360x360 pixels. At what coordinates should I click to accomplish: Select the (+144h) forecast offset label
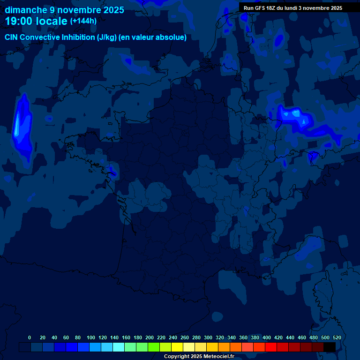pyautogui.click(x=83, y=21)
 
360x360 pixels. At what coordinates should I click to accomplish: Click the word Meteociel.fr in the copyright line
pyautogui.click(x=219, y=357)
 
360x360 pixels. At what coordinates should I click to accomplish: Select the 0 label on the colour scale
pyautogui.click(x=30, y=337)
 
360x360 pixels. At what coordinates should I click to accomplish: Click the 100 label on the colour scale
pyautogui.click(x=91, y=337)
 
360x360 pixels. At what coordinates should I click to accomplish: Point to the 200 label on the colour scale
pyautogui.click(x=150, y=337)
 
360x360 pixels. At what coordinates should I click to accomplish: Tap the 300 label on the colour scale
pyautogui.click(x=208, y=337)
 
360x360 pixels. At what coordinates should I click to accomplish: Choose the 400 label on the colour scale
pyautogui.click(x=267, y=337)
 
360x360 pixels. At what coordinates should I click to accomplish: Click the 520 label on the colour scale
pyautogui.click(x=337, y=337)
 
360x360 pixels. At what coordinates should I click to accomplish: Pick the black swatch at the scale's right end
pyautogui.click(x=330, y=347)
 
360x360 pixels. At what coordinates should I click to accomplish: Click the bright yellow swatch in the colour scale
pyautogui.click(x=177, y=347)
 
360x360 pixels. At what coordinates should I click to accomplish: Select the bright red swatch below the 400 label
pyautogui.click(x=271, y=347)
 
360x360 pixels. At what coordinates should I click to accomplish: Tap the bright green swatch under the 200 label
pyautogui.click(x=154, y=347)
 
